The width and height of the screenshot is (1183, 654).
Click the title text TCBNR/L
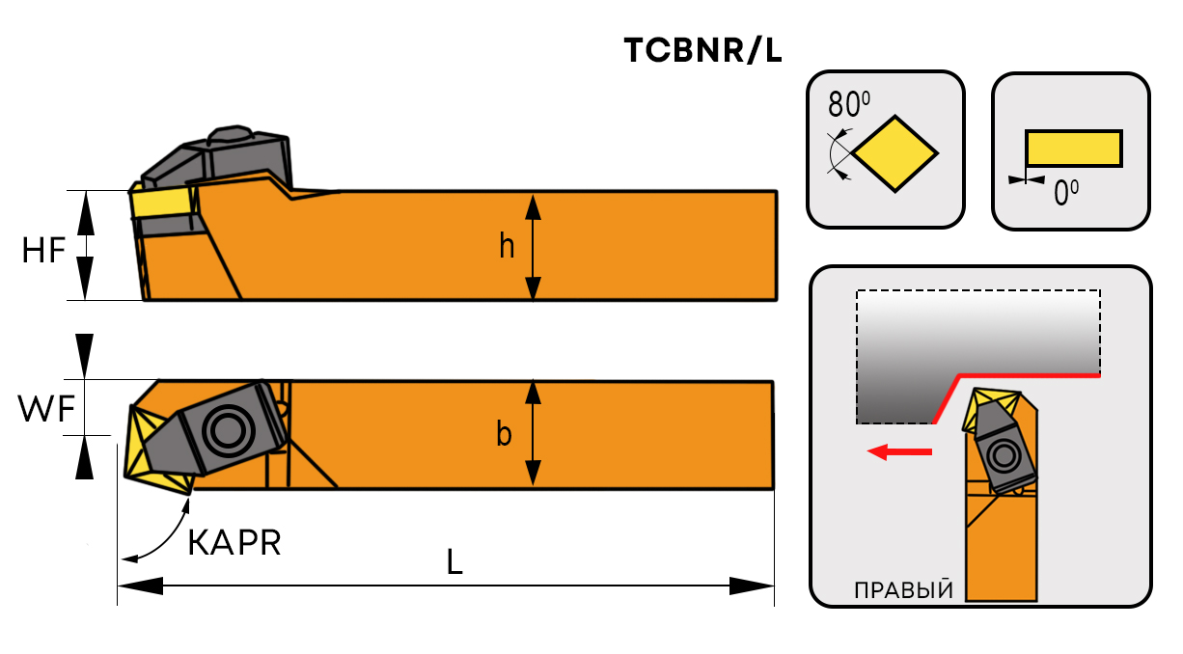click(x=702, y=51)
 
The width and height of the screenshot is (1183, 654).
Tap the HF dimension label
click(x=44, y=251)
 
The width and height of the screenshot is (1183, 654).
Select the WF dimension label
click(x=44, y=410)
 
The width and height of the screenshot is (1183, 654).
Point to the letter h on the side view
click(x=507, y=247)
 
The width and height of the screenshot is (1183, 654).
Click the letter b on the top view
click(x=504, y=436)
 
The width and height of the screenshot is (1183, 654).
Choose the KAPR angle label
click(x=234, y=543)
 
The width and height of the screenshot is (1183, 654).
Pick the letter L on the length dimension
click(x=454, y=562)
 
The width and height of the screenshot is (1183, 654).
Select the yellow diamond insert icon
click(x=895, y=152)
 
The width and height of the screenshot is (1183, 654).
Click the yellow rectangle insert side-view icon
click(x=1073, y=149)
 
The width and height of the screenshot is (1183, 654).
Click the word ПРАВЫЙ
click(x=903, y=589)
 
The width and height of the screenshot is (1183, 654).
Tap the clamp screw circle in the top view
click(x=227, y=429)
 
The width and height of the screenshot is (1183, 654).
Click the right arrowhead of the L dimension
click(x=753, y=585)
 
